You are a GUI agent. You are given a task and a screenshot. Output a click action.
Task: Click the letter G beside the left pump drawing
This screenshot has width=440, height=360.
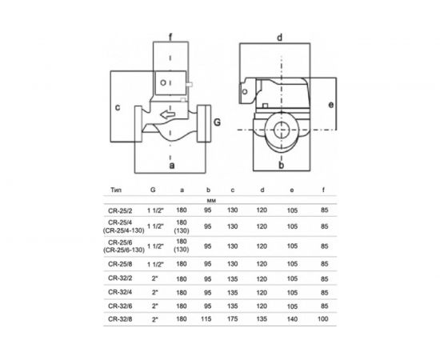pyautogui.click(x=217, y=122)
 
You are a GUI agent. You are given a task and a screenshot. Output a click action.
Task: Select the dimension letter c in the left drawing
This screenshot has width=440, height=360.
pyautogui.click(x=117, y=106)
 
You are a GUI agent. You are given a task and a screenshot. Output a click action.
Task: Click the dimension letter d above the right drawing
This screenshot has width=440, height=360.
pyautogui.click(x=281, y=37)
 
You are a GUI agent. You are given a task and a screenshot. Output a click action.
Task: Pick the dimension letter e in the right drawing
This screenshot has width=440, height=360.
pyautogui.click(x=330, y=105)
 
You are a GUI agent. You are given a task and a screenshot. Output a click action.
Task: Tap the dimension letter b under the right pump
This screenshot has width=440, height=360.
pyautogui.click(x=281, y=166)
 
